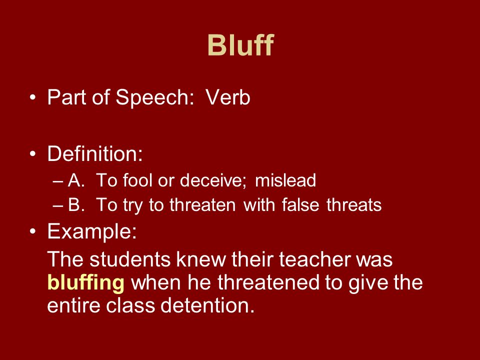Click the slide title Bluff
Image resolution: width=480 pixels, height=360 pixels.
(x=240, y=45)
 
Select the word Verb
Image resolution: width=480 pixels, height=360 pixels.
(x=228, y=97)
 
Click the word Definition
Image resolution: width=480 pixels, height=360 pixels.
(x=95, y=153)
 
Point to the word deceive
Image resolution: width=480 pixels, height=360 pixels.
(x=213, y=180)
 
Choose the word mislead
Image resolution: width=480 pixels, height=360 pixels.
(x=285, y=180)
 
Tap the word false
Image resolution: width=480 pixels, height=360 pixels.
(x=300, y=204)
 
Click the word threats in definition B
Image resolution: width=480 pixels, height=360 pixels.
(x=354, y=204)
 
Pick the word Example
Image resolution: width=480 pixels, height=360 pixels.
(x=92, y=231)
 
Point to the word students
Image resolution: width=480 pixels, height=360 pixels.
(x=130, y=259)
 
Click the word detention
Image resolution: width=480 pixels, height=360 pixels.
(x=207, y=305)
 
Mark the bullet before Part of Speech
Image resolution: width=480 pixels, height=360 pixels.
(x=33, y=97)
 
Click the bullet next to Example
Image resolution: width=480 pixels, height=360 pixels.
(x=33, y=231)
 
